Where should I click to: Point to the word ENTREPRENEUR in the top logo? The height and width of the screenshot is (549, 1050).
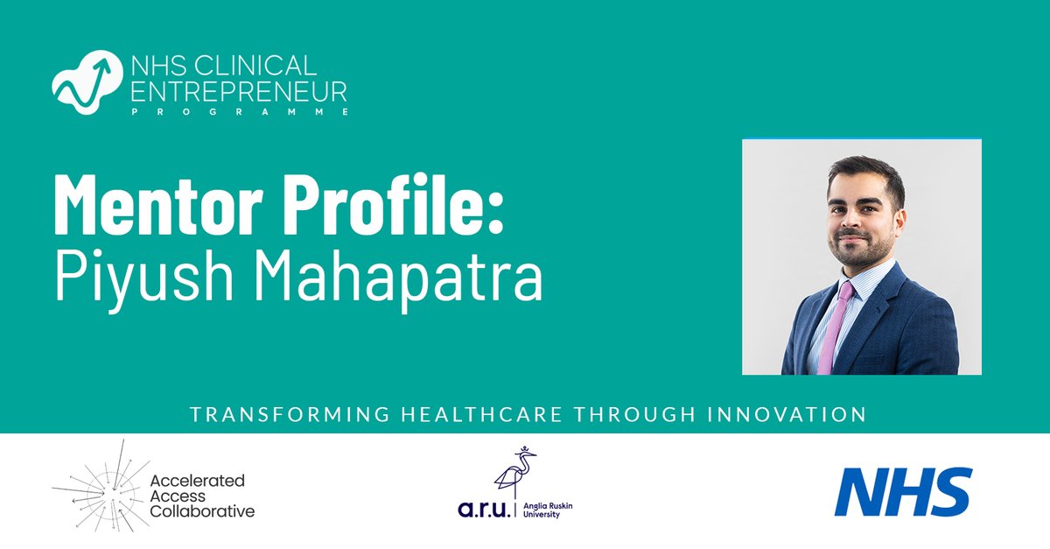point(226,90)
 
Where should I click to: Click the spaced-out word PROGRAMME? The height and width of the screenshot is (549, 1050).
point(226,112)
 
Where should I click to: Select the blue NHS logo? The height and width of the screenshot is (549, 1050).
point(902,491)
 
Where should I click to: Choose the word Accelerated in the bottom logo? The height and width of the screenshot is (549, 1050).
point(198,480)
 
